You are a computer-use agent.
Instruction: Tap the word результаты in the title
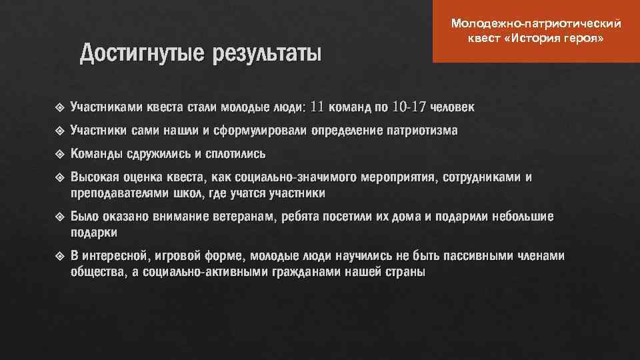(267, 53)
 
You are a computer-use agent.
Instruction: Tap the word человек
(453, 107)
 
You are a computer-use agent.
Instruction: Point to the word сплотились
(235, 154)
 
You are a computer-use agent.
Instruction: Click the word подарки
(94, 233)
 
